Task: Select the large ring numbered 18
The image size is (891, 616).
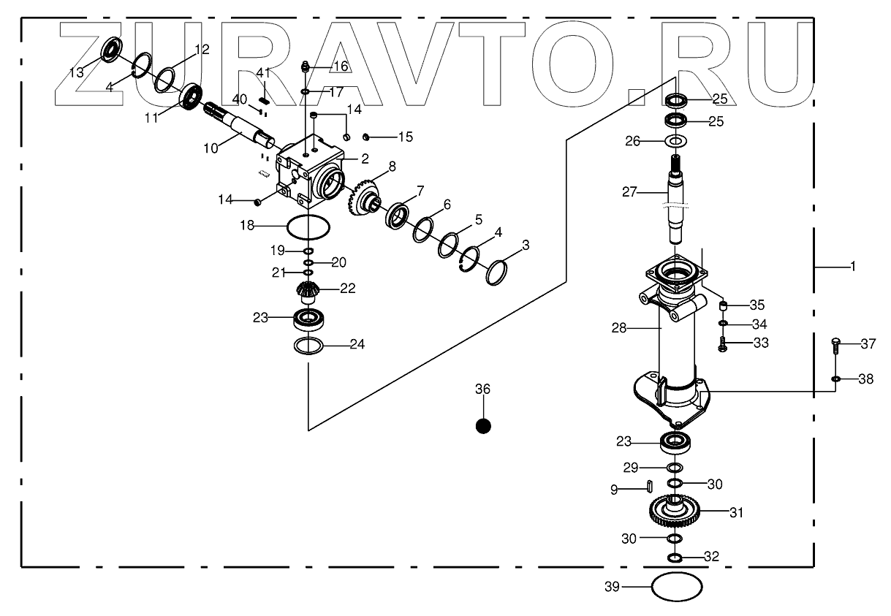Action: pyautogui.click(x=308, y=227)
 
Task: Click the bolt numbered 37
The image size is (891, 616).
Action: pyautogui.click(x=836, y=346)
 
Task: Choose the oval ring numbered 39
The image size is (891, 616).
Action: pyautogui.click(x=676, y=586)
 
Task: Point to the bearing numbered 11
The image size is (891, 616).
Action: pyautogui.click(x=191, y=96)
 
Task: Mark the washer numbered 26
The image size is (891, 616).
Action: pyautogui.click(x=676, y=140)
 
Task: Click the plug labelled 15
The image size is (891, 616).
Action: pyautogui.click(x=368, y=137)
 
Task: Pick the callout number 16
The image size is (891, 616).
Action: pyautogui.click(x=341, y=66)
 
